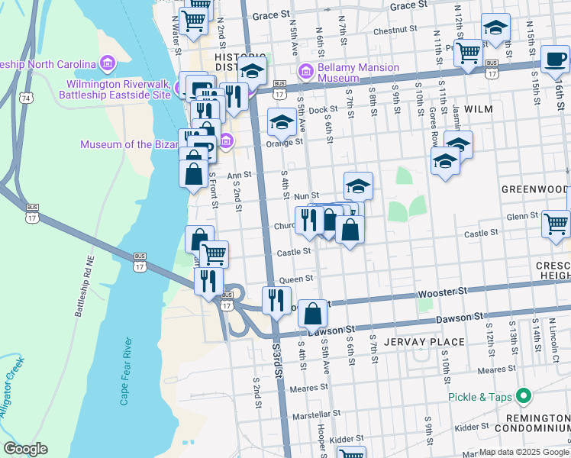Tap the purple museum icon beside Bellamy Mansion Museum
(307, 73)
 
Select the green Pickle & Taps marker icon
(523, 397)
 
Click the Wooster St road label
(442, 292)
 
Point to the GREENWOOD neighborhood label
(535, 189)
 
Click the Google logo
(25, 449)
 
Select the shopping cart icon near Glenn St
(556, 223)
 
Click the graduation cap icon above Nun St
(358, 185)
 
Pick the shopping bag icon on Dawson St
(313, 312)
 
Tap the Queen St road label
(297, 279)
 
